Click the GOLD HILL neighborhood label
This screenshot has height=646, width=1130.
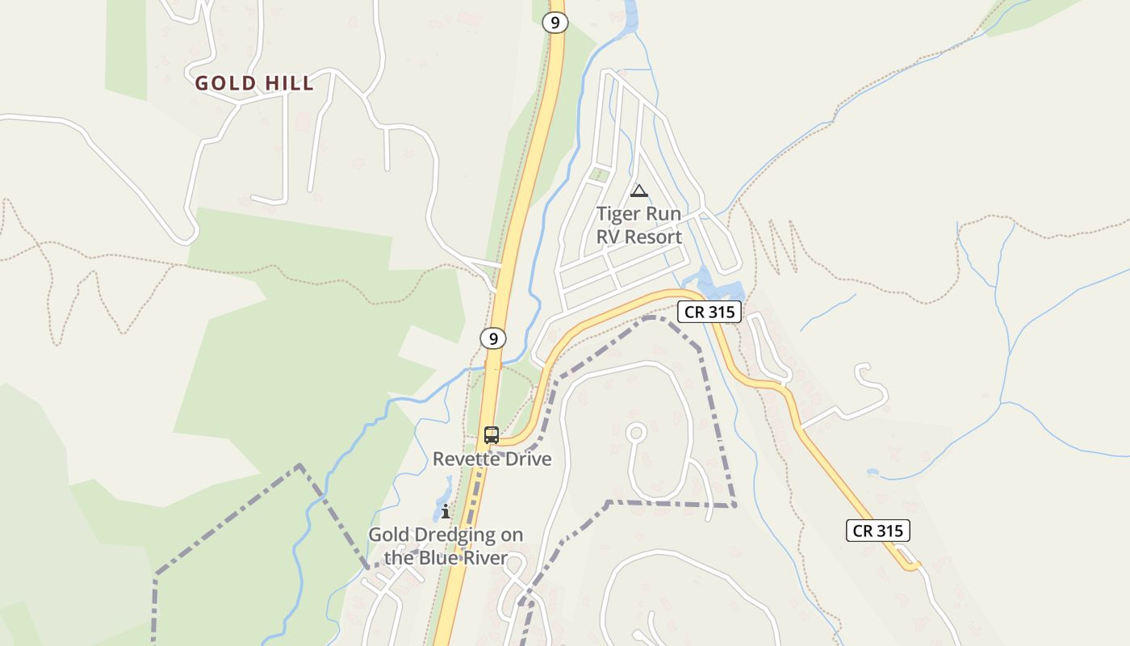254,83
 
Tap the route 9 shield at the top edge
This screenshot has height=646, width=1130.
555,23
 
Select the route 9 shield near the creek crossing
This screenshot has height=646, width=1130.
493,338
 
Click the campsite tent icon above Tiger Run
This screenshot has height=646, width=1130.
639,191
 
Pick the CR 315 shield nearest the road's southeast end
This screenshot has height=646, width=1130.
878,531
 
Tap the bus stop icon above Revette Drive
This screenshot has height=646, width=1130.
492,435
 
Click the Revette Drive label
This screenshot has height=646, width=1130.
492,459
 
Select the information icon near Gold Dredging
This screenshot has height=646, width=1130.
446,511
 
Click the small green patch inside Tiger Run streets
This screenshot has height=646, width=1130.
598,174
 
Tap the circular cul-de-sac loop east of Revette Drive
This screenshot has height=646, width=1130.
636,433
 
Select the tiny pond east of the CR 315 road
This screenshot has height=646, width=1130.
873,472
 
